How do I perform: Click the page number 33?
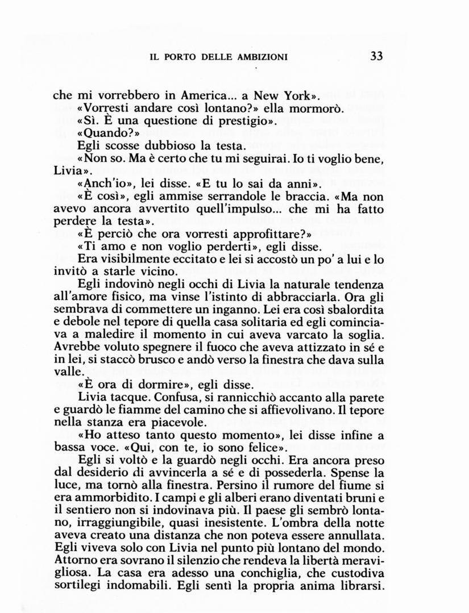point(376,56)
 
